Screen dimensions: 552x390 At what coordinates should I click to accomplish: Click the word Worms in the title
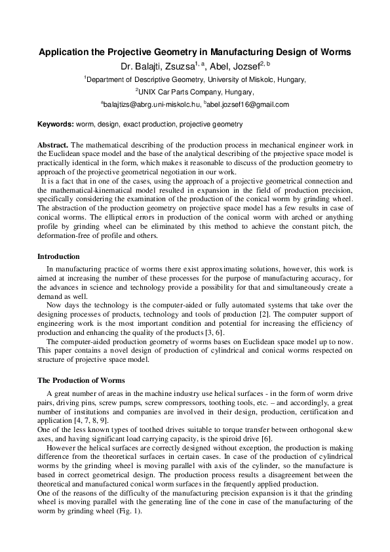[x=336, y=52]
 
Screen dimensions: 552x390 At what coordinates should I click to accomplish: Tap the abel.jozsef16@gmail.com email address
[x=248, y=104]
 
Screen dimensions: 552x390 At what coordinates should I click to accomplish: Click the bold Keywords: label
[x=55, y=123]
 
